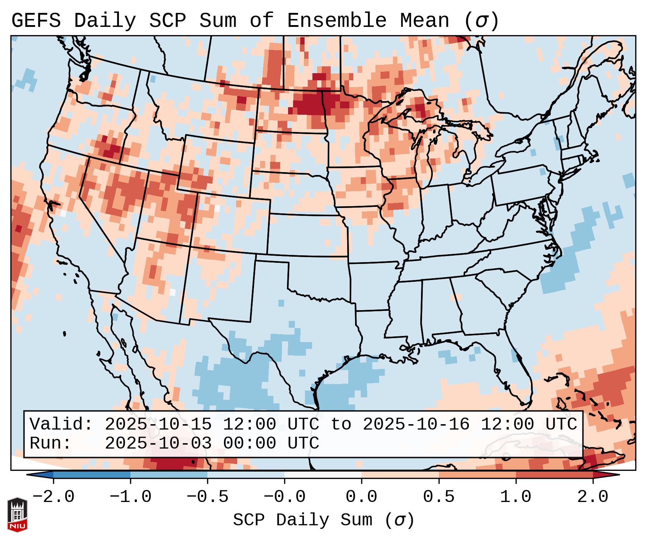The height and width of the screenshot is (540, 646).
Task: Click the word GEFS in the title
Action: tap(36, 21)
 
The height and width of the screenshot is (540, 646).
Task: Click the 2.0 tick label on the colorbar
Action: tap(593, 497)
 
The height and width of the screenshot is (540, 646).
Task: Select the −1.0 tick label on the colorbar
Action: tap(130, 497)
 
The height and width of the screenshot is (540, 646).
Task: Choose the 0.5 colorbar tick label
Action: tap(439, 497)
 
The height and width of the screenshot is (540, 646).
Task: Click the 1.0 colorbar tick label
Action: tap(516, 497)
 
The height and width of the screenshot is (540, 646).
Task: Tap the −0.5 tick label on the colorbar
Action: tap(207, 497)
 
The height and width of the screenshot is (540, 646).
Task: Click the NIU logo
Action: tap(17, 515)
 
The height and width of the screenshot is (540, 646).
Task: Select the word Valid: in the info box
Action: tap(61, 425)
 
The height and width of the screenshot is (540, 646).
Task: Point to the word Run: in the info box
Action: tap(51, 443)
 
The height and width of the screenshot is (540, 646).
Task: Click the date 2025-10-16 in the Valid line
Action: tap(416, 425)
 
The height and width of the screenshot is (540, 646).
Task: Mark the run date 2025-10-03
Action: tap(158, 443)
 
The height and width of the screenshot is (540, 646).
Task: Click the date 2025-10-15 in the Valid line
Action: tap(158, 425)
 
